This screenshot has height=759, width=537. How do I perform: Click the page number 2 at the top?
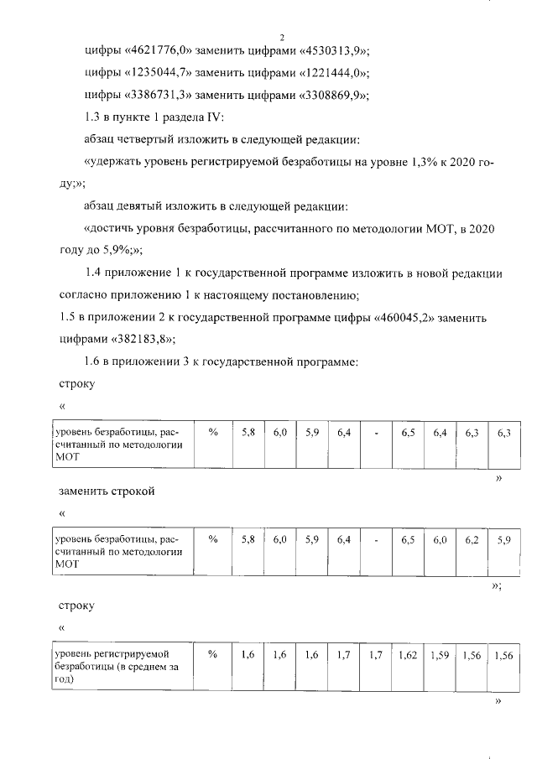pyautogui.click(x=282, y=37)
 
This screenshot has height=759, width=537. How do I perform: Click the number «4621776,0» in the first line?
pyautogui.click(x=160, y=50)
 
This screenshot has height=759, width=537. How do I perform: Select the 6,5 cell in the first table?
pyautogui.click(x=409, y=432)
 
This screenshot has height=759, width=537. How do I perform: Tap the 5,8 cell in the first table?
pyautogui.click(x=248, y=432)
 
